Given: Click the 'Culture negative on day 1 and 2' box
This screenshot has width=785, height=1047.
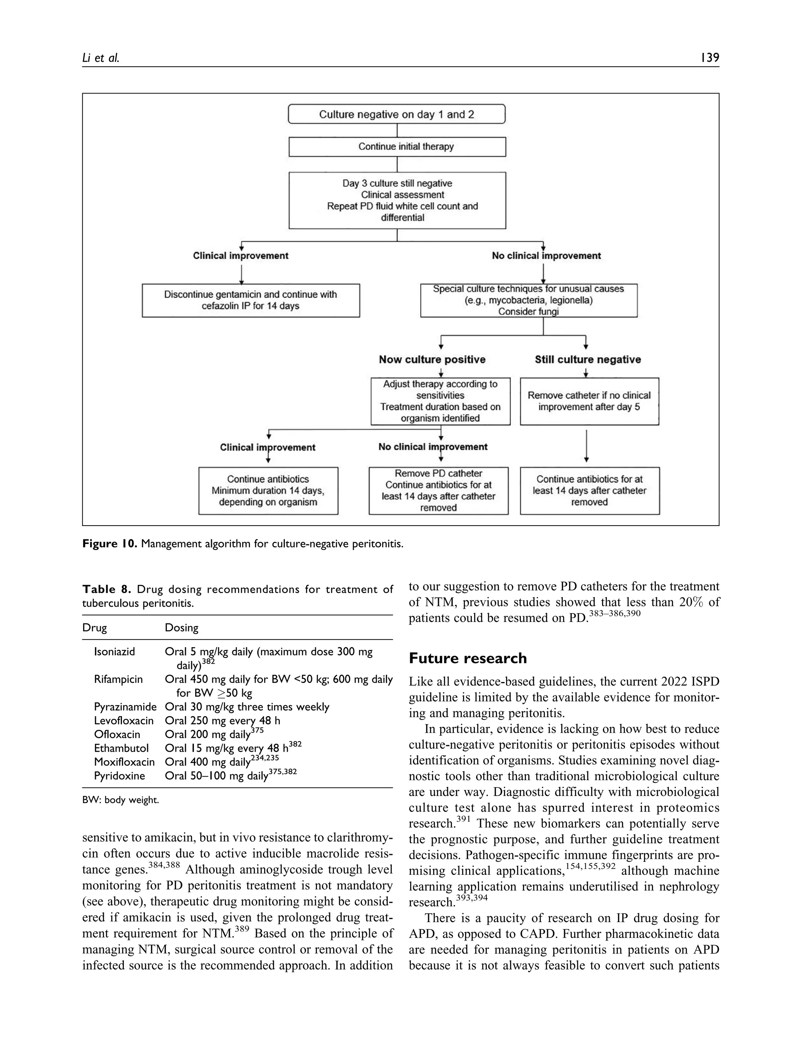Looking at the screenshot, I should pyautogui.click(x=396, y=114).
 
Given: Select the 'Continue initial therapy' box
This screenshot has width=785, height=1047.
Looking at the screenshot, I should pyautogui.click(x=397, y=147).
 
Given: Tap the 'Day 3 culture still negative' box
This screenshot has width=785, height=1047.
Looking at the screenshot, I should pyautogui.click(x=397, y=200).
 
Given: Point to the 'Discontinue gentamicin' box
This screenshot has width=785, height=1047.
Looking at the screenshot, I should pyautogui.click(x=250, y=300).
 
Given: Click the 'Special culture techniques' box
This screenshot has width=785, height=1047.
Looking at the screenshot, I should pyautogui.click(x=529, y=300).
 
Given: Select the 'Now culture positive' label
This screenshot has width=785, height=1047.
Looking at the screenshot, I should pyautogui.click(x=432, y=359).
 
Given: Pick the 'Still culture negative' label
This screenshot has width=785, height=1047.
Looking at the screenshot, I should pyautogui.click(x=588, y=359).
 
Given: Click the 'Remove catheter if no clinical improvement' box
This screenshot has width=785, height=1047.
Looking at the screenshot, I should pyautogui.click(x=589, y=401).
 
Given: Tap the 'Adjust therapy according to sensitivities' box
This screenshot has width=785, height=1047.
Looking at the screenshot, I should pyautogui.click(x=440, y=401).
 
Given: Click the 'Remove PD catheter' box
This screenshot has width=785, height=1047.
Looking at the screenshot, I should pyautogui.click(x=438, y=490).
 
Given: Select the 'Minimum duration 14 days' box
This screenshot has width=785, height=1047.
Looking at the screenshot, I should pyautogui.click(x=268, y=490).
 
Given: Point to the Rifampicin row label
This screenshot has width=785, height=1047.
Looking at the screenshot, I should pyautogui.click(x=118, y=679).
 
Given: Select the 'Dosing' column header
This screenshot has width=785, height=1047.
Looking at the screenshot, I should pyautogui.click(x=181, y=628).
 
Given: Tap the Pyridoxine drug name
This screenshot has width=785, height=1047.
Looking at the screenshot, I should pyautogui.click(x=119, y=776).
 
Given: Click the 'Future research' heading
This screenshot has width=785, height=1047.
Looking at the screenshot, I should pyautogui.click(x=468, y=658).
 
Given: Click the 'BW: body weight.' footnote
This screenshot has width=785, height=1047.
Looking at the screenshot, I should pyautogui.click(x=121, y=800).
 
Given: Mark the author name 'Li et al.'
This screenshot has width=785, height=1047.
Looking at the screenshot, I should pyautogui.click(x=101, y=58).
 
